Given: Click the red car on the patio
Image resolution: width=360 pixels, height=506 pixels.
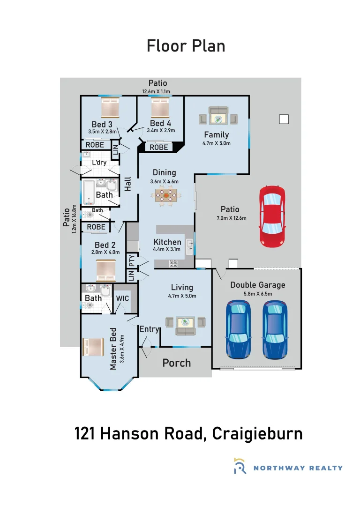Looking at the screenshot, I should coord(272,216).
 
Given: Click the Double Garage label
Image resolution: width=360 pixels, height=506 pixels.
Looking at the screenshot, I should coord(257,285).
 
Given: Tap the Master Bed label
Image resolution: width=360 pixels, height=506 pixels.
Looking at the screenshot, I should coord(113,349).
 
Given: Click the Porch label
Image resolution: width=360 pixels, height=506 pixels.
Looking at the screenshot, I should coord(177,363).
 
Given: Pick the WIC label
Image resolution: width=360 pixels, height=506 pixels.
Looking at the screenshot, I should coord(122,298).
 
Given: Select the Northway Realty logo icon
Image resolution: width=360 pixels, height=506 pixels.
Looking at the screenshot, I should coord(240,467).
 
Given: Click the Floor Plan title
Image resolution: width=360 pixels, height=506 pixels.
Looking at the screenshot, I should coord(186,46).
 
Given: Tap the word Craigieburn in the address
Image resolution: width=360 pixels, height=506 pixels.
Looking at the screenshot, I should coord(257,433).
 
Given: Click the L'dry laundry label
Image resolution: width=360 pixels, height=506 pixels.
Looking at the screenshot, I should coord(99,162).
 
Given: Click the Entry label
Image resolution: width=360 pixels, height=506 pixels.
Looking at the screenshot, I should coord(149,329).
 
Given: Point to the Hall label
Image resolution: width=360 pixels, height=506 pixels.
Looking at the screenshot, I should coord(127,184).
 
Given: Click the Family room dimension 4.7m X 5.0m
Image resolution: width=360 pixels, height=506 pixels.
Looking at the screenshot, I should coord(216,143).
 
